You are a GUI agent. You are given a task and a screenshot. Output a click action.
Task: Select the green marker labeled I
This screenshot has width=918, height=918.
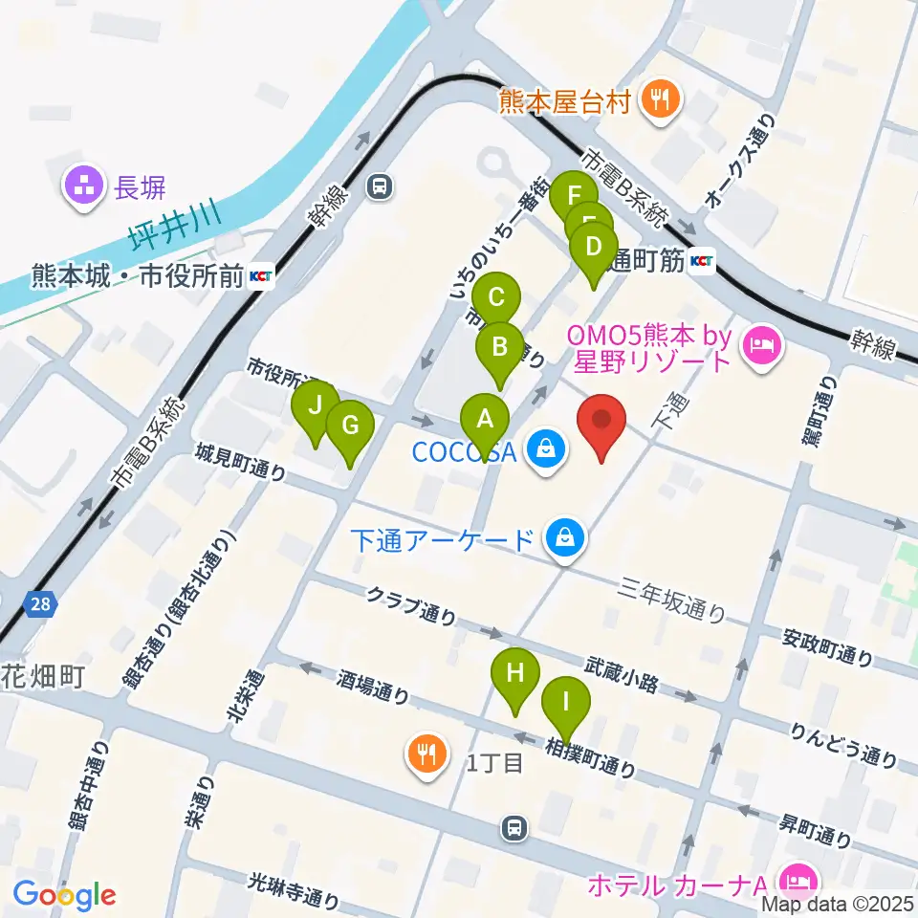pyautogui.click(x=566, y=706)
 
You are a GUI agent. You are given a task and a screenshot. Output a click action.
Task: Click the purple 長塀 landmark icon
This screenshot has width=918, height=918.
pyautogui.click(x=81, y=186)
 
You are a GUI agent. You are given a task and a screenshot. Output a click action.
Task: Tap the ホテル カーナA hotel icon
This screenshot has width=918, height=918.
pyautogui.click(x=795, y=879)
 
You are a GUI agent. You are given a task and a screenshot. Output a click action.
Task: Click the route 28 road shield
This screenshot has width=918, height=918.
pyautogui.click(x=42, y=604)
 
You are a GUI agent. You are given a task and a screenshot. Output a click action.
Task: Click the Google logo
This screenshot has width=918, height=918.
pyautogui.click(x=64, y=895)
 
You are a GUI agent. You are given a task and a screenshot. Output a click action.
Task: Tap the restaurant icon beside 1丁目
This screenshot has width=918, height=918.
pyautogui.click(x=426, y=754)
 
